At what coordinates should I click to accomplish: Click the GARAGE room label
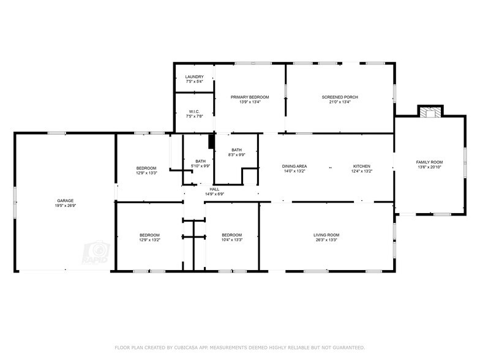tap(66, 201)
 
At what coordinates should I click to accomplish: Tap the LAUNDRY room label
tap(194, 77)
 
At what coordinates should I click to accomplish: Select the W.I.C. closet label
tap(194, 111)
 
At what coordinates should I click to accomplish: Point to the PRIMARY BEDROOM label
tap(250, 97)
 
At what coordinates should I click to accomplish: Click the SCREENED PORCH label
tap(340, 97)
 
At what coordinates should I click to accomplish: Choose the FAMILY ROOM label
tap(429, 162)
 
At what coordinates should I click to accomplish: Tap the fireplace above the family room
tap(429, 111)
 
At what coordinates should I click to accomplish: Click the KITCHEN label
tap(362, 167)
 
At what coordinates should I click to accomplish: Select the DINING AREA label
tap(294, 167)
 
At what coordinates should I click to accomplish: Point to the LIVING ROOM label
tap(326, 235)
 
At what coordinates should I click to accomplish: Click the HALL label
tap(214, 189)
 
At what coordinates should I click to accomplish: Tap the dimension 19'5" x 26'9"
tap(66, 206)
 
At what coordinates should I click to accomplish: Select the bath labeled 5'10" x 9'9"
tap(201, 163)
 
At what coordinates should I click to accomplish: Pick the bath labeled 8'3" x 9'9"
tap(236, 152)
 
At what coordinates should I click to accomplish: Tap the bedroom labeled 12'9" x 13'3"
tap(146, 170)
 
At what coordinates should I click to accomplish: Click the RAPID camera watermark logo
tap(98, 253)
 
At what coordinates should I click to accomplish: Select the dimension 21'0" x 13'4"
tap(340, 102)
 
